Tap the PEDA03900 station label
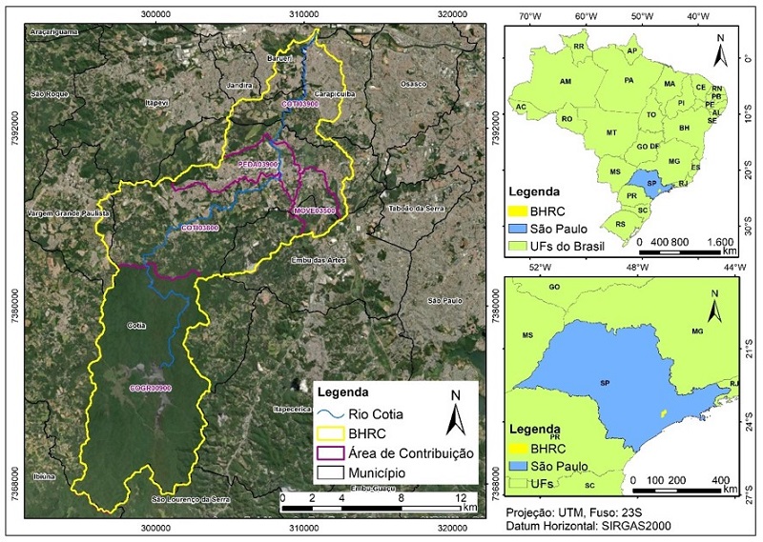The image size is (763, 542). [x=258, y=165]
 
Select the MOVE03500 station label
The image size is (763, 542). [x=314, y=210]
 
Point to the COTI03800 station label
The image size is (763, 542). [x=200, y=228]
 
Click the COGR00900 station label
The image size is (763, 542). [x=151, y=389]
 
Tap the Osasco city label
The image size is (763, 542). [x=413, y=84]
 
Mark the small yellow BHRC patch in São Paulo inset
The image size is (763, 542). [x=663, y=413]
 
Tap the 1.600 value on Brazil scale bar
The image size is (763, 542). [x=720, y=242]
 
